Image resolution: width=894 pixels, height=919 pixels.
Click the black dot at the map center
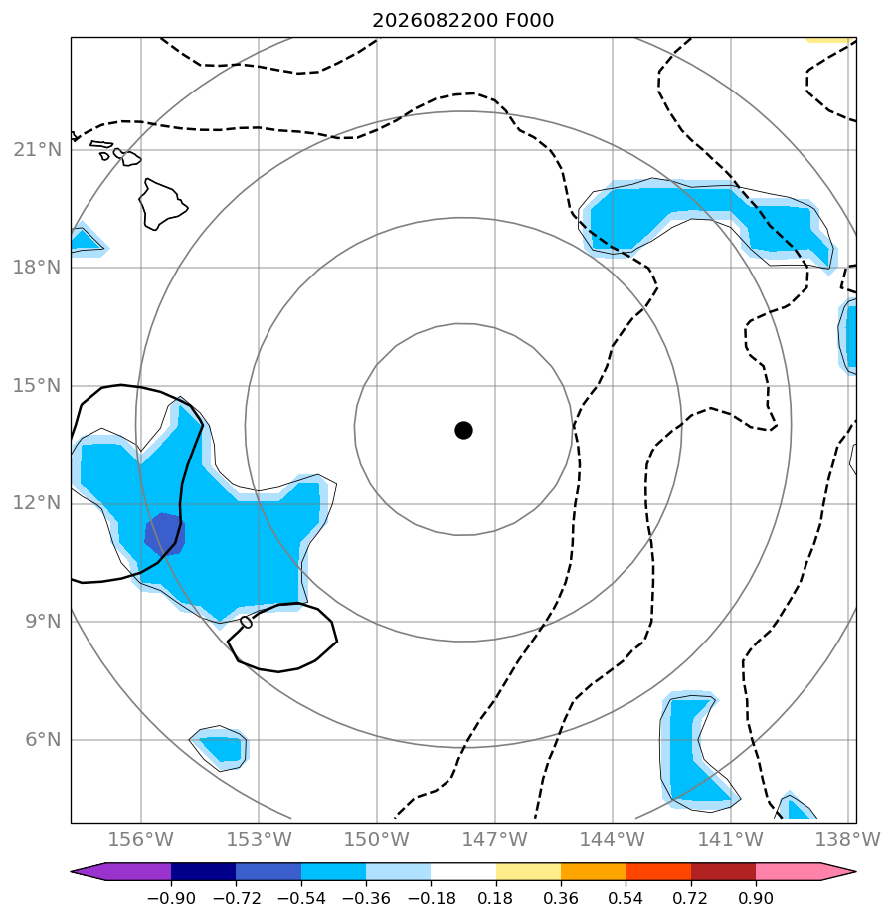(x=463, y=431)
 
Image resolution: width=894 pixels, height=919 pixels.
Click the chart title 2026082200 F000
(x=462, y=21)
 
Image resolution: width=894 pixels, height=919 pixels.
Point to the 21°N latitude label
(x=38, y=150)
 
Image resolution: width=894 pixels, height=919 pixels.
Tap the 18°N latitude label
(x=38, y=268)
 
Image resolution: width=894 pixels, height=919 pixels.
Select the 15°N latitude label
(x=38, y=386)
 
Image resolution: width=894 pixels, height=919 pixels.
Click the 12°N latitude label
(x=38, y=503)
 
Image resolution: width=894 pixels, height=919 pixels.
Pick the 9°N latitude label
(x=44, y=622)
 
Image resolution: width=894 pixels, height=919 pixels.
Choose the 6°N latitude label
(x=44, y=740)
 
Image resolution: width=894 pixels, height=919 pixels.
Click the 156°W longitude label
(x=140, y=839)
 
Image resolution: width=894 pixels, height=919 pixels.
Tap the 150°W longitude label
(x=376, y=839)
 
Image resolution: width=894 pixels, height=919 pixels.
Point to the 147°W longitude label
(x=495, y=839)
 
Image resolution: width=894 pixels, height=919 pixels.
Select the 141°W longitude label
(x=731, y=839)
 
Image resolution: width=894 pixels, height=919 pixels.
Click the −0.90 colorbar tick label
(x=171, y=898)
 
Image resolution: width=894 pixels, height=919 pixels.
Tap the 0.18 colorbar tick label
(x=495, y=898)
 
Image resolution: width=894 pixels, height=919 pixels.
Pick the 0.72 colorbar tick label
(x=691, y=898)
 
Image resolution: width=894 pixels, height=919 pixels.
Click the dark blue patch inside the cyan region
(x=165, y=534)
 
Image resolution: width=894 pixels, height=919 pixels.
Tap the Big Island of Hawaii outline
(x=163, y=205)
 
